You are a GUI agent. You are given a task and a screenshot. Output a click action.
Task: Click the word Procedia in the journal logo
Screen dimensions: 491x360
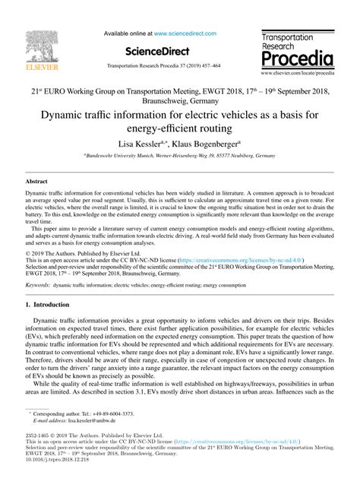pos(295,59)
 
